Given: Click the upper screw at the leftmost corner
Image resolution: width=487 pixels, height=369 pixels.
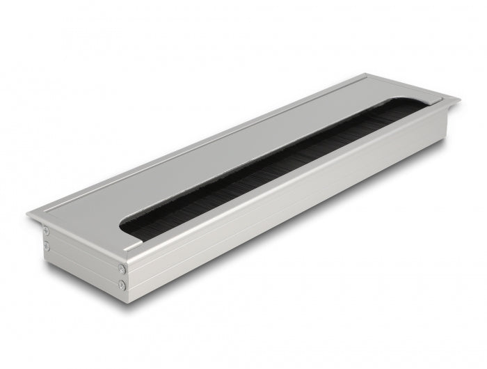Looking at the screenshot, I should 46,230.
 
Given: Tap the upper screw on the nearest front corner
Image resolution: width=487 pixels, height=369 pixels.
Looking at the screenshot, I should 122,268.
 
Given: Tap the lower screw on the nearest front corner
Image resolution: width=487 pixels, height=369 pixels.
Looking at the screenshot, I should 122,283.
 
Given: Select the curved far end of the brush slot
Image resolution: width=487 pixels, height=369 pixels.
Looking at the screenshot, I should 410,104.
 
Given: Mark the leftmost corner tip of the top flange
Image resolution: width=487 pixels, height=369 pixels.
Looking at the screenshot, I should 28,214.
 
